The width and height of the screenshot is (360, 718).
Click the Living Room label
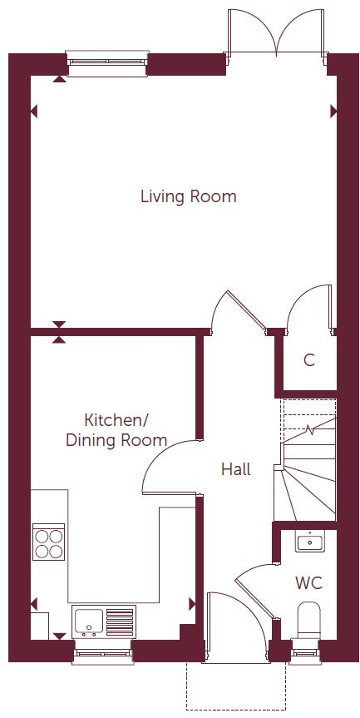pyautogui.click(x=188, y=197)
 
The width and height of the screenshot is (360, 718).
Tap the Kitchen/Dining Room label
pyautogui.click(x=116, y=430)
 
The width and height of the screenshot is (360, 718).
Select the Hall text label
pyautogui.click(x=235, y=469)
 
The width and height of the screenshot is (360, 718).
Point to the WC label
pyautogui.click(x=308, y=582)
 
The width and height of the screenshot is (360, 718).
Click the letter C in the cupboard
pyautogui.click(x=309, y=360)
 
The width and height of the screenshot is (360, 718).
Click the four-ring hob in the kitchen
pyautogui.click(x=48, y=542)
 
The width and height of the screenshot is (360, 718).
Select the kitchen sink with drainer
pyautogui.click(x=103, y=621)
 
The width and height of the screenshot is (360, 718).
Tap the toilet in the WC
pyautogui.click(x=309, y=621)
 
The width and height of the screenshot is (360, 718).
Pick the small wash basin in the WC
pyautogui.click(x=308, y=542)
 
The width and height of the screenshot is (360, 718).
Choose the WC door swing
pyautogui.click(x=253, y=583)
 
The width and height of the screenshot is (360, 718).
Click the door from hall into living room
pyautogui.click(x=237, y=312)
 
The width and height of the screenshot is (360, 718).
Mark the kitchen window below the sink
pyautogui.click(x=102, y=651)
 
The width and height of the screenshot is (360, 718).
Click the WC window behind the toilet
pyautogui.click(x=307, y=651)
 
